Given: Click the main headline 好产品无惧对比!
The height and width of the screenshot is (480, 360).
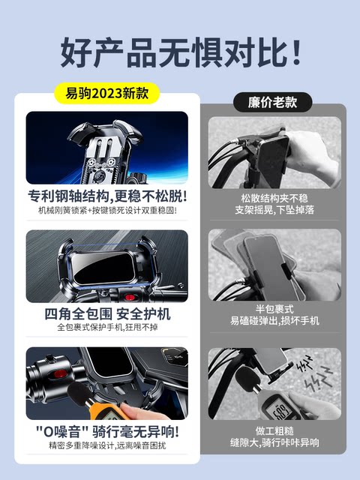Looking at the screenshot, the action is (x=181, y=52).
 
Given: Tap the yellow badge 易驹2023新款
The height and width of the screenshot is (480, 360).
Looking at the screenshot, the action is (x=106, y=93).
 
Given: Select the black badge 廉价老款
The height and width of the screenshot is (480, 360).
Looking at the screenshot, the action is (x=272, y=102).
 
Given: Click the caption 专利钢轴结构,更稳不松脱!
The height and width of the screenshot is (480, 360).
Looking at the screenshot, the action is (x=107, y=196).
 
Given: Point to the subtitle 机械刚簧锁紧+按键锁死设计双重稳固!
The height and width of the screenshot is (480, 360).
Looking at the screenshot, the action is (x=107, y=210).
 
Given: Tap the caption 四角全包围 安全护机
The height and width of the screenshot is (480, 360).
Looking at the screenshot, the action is (x=107, y=314).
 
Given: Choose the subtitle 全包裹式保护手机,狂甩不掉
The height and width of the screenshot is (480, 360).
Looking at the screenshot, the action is (x=107, y=327).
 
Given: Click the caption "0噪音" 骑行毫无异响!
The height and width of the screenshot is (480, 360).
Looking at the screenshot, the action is (x=107, y=432).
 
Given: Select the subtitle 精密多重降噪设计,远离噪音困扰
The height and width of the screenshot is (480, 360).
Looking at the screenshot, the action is (x=107, y=445).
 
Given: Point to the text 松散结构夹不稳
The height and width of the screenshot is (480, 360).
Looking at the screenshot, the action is (x=274, y=198).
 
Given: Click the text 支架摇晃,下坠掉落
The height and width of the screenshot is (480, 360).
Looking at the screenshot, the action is (x=274, y=210).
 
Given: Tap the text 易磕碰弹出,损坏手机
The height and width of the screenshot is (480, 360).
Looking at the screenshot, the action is (x=274, y=320).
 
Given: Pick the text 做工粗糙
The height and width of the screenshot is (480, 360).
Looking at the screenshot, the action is (x=274, y=430).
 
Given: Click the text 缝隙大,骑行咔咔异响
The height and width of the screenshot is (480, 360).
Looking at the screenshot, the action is (x=274, y=442).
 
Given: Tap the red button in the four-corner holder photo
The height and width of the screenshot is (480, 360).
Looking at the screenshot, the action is (x=130, y=297).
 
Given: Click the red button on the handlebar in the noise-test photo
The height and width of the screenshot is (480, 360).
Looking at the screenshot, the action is (x=60, y=373).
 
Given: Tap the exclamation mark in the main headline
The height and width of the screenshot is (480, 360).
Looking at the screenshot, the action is (x=296, y=52).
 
